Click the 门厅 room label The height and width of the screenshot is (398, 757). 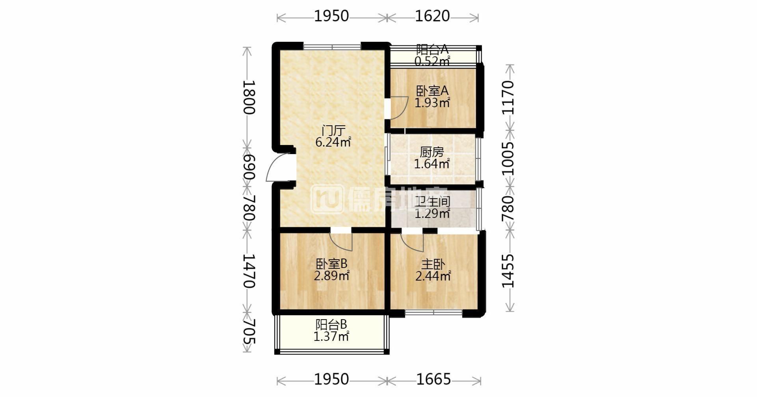333,130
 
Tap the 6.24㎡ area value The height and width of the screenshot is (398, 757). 333,142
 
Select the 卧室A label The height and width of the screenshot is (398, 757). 432,91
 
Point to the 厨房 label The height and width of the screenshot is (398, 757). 432,152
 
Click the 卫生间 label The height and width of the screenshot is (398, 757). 432,202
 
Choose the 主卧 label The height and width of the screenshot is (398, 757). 433,264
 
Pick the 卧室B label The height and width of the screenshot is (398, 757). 331,263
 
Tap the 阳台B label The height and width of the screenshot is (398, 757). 331,325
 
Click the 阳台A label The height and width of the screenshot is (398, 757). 432,50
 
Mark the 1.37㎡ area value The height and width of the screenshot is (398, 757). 331,337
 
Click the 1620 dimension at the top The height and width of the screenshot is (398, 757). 432,16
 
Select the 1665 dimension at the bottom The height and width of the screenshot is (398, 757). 433,379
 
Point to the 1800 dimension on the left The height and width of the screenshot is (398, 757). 249,97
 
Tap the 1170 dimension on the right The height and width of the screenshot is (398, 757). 508,97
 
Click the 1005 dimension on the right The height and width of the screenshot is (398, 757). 508,158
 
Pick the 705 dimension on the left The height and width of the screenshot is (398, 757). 249,331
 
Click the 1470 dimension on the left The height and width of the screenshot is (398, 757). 249,271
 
